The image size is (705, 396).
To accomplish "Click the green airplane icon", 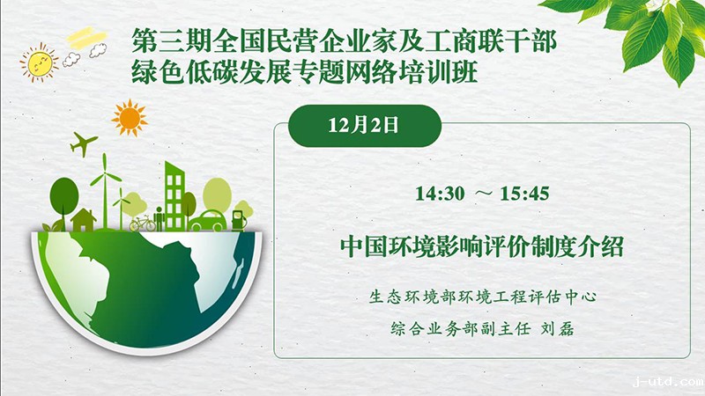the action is click(x=83, y=143).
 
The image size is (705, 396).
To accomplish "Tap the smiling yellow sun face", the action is click(x=40, y=62).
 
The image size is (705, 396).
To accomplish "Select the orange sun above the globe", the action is click(x=130, y=118).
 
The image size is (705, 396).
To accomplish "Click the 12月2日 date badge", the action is click(x=364, y=126).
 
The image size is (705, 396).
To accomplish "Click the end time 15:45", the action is click(x=524, y=194).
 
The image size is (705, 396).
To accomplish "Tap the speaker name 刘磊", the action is click(x=558, y=329).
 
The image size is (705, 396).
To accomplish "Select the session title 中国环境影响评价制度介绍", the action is click(x=481, y=246).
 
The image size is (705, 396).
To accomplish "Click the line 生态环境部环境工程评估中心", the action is click(x=482, y=297).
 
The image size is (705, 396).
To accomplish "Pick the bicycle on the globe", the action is click(x=143, y=224).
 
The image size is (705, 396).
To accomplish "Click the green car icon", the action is click(x=208, y=221).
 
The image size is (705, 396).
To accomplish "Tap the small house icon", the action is click(x=83, y=219).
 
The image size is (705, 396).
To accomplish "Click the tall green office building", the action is click(x=174, y=195).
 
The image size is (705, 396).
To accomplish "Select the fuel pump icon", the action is click(x=239, y=221).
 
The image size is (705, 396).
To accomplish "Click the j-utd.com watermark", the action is click(x=668, y=382).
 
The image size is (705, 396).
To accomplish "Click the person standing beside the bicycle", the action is click(x=160, y=218).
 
